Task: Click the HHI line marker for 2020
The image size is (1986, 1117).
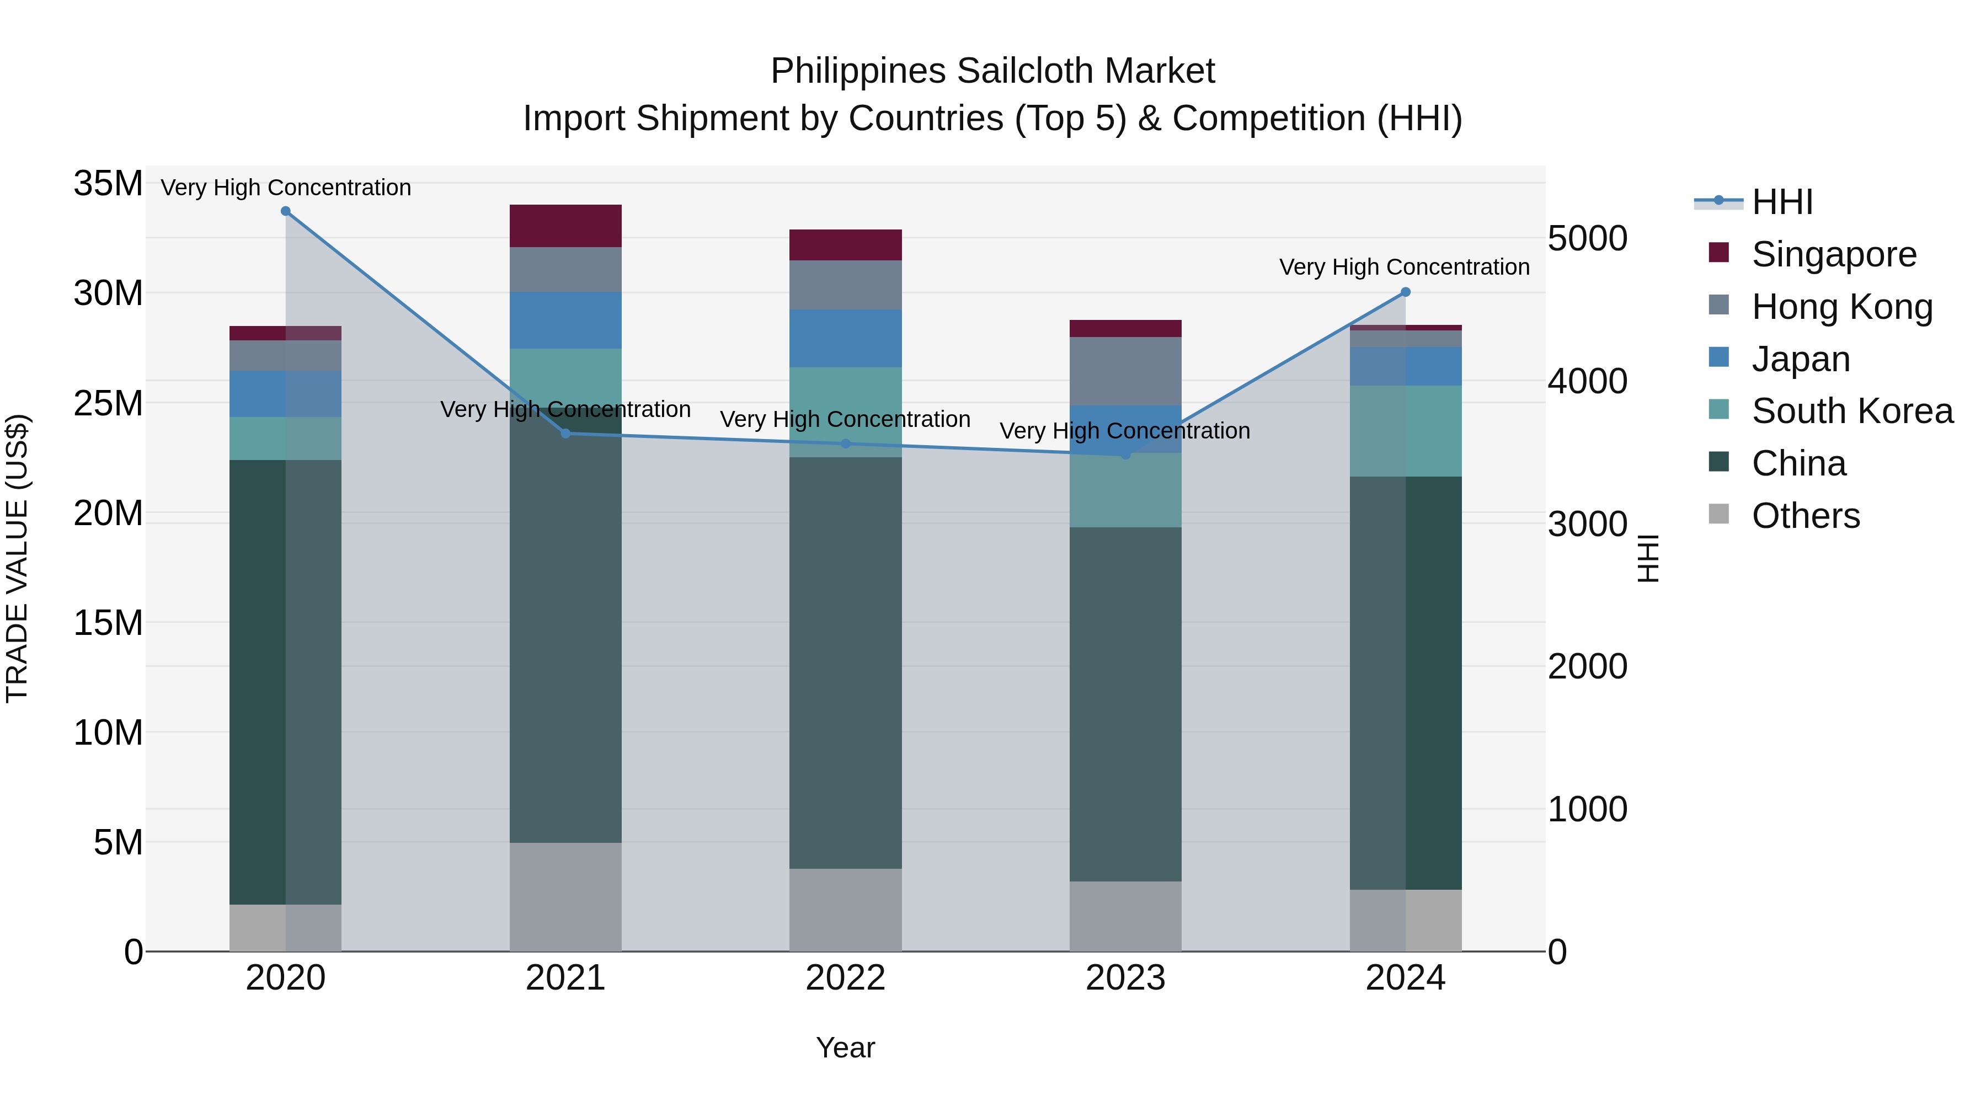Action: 285,211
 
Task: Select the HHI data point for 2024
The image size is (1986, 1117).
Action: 1405,292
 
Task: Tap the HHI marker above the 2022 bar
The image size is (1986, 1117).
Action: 845,444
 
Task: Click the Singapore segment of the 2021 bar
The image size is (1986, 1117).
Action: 565,226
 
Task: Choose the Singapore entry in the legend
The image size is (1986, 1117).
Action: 1833,254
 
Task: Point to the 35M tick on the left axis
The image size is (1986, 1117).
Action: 108,184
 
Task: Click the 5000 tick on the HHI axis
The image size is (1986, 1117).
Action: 1587,239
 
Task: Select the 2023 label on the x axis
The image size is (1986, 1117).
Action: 1125,978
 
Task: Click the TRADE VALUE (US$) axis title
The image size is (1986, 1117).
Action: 18,558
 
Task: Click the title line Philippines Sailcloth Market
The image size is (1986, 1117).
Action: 992,71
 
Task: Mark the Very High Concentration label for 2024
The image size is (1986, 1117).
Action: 1404,268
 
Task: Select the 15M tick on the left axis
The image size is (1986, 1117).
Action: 108,623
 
